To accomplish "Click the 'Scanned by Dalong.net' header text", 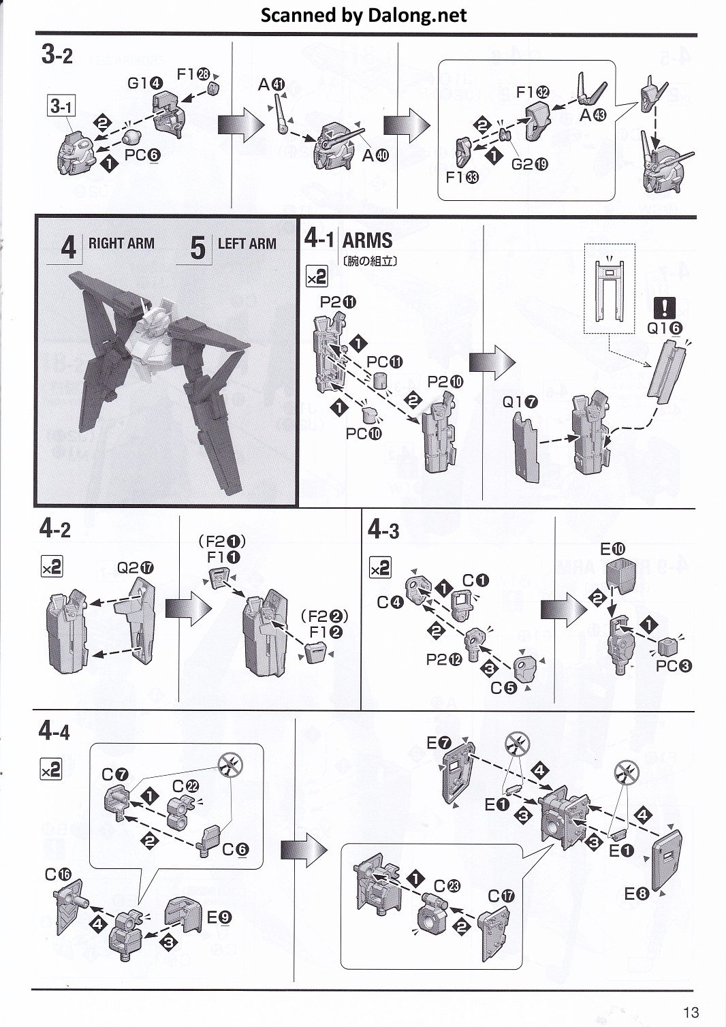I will (364, 15).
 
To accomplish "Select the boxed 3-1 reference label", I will (61, 106).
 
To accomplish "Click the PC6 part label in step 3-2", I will (142, 155).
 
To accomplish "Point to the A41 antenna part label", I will (271, 84).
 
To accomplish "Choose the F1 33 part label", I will (462, 177).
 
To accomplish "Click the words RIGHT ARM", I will (121, 243).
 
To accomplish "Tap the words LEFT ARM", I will (247, 243).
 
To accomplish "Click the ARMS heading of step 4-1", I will (367, 240).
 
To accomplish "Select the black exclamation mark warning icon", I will (664, 308).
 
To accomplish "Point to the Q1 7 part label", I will (520, 402).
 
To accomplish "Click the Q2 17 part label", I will (136, 568).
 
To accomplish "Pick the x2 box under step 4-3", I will (380, 567).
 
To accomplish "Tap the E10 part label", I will (612, 549).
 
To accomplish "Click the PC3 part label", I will (674, 665).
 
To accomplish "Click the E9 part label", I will (219, 917).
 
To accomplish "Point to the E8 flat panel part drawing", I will (666, 857).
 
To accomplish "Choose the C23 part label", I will (447, 886).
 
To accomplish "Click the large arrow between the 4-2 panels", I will (189, 607).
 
